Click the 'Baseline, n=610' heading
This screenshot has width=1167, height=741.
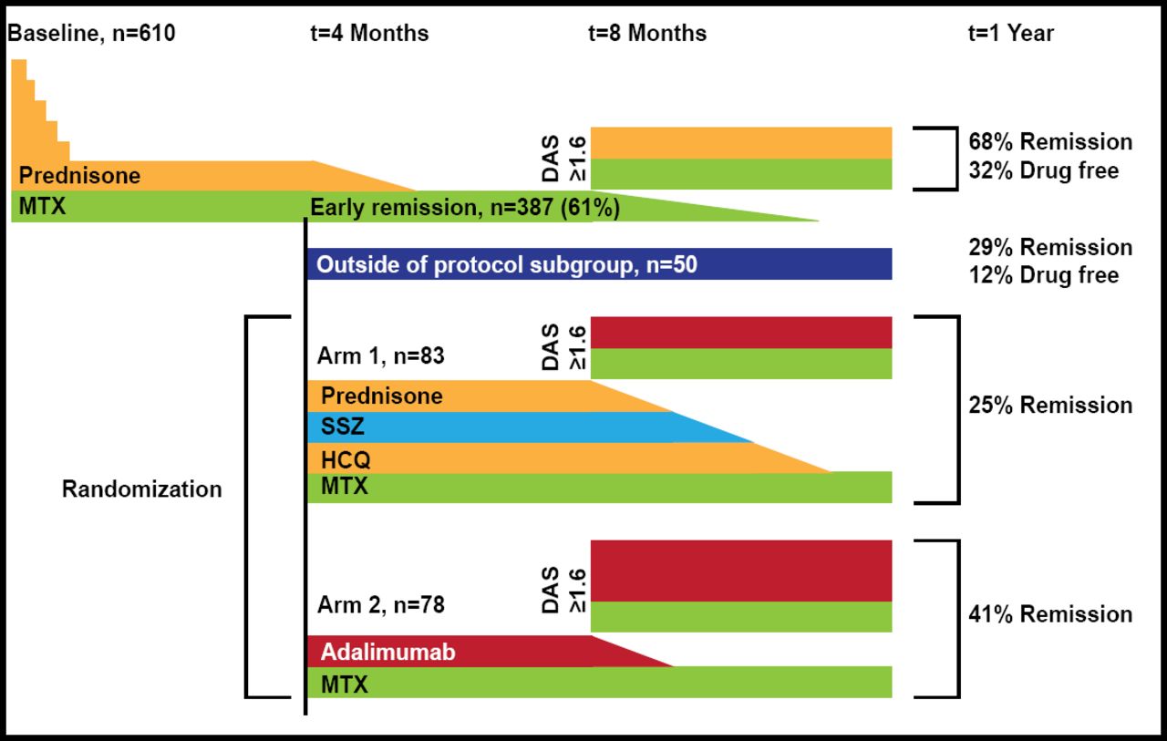(91, 34)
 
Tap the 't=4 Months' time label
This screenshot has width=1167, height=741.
(369, 34)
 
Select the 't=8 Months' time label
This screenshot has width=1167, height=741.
(647, 34)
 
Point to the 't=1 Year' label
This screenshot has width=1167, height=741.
(1010, 34)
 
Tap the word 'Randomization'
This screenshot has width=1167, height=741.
(141, 489)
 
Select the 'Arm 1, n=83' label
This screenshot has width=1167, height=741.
(381, 355)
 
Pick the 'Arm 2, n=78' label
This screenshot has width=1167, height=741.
(381, 604)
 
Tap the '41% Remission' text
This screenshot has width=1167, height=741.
(1050, 614)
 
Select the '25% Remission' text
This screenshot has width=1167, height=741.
(1050, 405)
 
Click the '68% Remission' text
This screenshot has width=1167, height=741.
(1050, 142)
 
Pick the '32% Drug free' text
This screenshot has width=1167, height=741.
(1043, 170)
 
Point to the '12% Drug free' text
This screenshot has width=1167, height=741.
(1043, 275)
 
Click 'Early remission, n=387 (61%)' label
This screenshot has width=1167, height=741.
(465, 208)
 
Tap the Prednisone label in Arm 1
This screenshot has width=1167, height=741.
(381, 396)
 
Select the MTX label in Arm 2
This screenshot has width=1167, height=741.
(344, 683)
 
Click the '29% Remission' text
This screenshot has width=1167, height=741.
(1050, 248)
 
